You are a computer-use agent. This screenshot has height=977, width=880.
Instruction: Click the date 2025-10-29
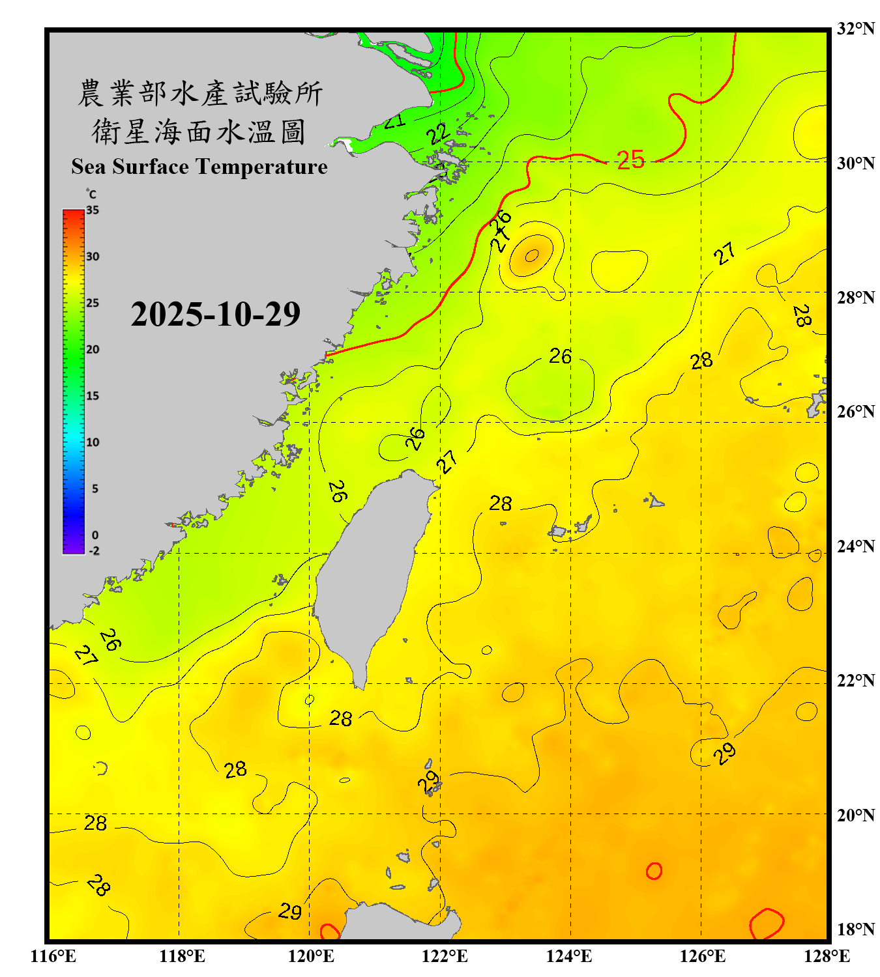click(x=215, y=314)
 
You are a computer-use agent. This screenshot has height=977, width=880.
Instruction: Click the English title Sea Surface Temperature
click(x=199, y=167)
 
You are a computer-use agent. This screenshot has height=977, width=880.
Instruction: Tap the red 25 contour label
click(x=630, y=160)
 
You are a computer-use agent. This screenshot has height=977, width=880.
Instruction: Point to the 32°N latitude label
click(x=855, y=29)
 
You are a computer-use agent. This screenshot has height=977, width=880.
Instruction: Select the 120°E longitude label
click(x=311, y=956)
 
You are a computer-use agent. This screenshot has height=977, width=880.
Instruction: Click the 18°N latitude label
click(x=855, y=929)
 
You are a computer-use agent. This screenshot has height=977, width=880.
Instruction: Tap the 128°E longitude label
click(x=827, y=956)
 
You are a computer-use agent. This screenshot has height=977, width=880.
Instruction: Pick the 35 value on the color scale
click(x=93, y=210)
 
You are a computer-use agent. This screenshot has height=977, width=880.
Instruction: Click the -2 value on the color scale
click(x=94, y=550)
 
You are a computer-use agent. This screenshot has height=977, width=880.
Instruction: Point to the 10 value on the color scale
click(x=93, y=442)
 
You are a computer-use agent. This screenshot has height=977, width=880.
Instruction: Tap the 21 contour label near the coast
click(x=394, y=121)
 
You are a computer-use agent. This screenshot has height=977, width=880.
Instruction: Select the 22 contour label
click(x=439, y=134)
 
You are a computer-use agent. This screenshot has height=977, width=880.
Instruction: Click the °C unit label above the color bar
click(x=91, y=194)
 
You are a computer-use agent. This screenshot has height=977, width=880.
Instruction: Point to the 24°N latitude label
click(x=855, y=546)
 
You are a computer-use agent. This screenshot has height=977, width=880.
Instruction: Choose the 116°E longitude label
click(x=53, y=956)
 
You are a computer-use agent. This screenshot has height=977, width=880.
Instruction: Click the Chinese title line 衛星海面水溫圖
click(x=198, y=132)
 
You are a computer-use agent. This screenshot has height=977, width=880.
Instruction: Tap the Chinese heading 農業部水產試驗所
click(x=199, y=93)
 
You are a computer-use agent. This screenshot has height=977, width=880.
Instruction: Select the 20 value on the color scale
click(x=93, y=349)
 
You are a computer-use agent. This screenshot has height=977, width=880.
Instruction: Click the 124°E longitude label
click(x=569, y=956)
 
